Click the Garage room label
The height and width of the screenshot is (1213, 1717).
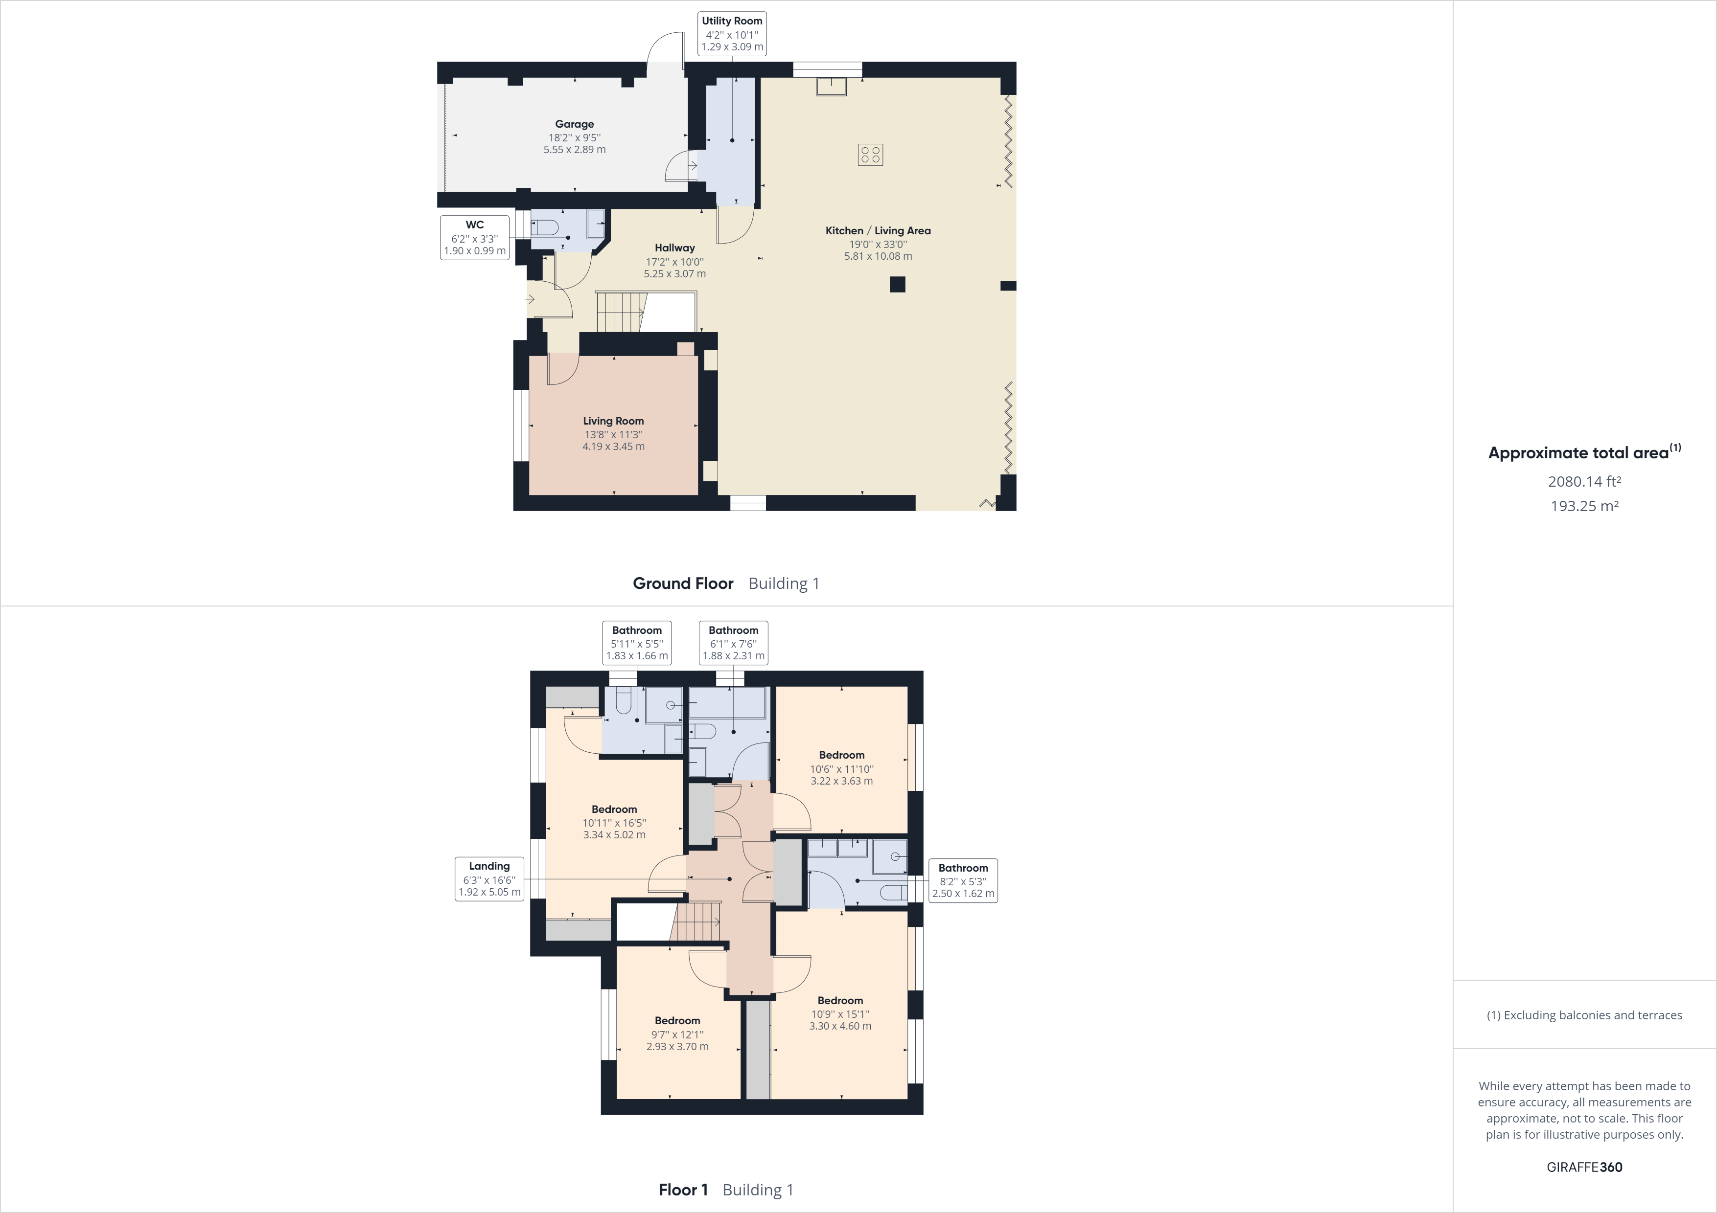click(x=574, y=125)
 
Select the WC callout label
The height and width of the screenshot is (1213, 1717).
click(x=475, y=238)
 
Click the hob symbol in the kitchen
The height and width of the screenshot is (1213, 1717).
click(x=870, y=155)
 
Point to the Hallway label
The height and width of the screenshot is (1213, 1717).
click(x=674, y=248)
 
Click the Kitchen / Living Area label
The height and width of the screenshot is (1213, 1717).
click(x=878, y=231)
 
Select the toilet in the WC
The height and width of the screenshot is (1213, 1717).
click(x=544, y=227)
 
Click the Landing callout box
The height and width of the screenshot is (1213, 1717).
click(x=489, y=879)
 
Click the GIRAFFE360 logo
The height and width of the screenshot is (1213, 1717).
click(x=1584, y=1167)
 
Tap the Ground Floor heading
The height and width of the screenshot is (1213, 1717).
click(x=683, y=584)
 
